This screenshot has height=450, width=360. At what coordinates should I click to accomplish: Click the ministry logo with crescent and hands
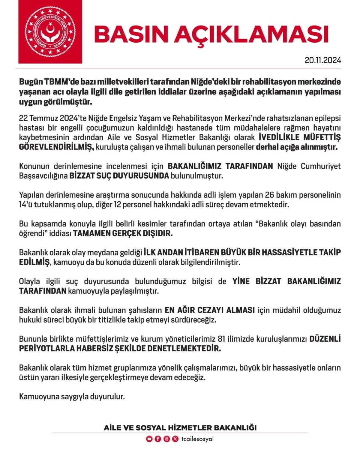pyautogui.click(x=50, y=32)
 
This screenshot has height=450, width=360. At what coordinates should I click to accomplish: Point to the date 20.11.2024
pyautogui.click(x=323, y=60)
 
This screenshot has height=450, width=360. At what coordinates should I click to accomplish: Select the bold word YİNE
pyautogui.click(x=241, y=281)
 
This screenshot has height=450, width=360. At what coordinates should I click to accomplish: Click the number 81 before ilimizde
pyautogui.click(x=222, y=339)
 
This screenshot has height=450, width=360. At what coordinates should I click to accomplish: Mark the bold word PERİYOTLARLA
pyautogui.click(x=46, y=348)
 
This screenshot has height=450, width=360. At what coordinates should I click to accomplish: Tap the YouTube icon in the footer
pyautogui.click(x=149, y=439)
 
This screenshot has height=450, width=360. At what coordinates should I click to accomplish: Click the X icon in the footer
pyautogui.click(x=175, y=439)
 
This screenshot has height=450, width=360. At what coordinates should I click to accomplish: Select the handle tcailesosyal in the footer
pyautogui.click(x=198, y=439)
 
